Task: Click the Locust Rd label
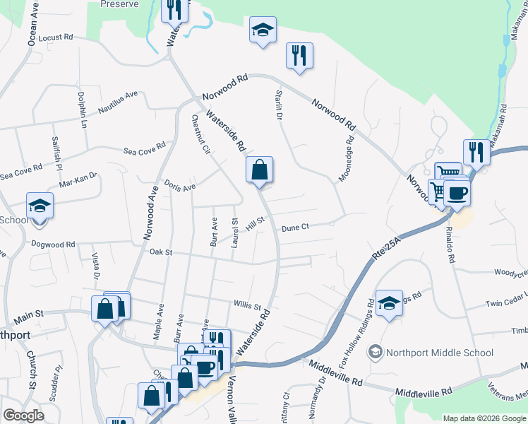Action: click(56, 37)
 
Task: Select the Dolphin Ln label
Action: click(82, 110)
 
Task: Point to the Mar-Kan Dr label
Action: click(78, 180)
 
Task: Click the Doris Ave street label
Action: click(179, 186)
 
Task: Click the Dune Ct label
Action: click(295, 228)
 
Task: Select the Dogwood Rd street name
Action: click(52, 245)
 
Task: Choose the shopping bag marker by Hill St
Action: click(259, 170)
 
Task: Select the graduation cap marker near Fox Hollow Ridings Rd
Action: click(389, 303)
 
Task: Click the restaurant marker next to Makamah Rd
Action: click(476, 151)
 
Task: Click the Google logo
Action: click(23, 416)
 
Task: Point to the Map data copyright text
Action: click(484, 418)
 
